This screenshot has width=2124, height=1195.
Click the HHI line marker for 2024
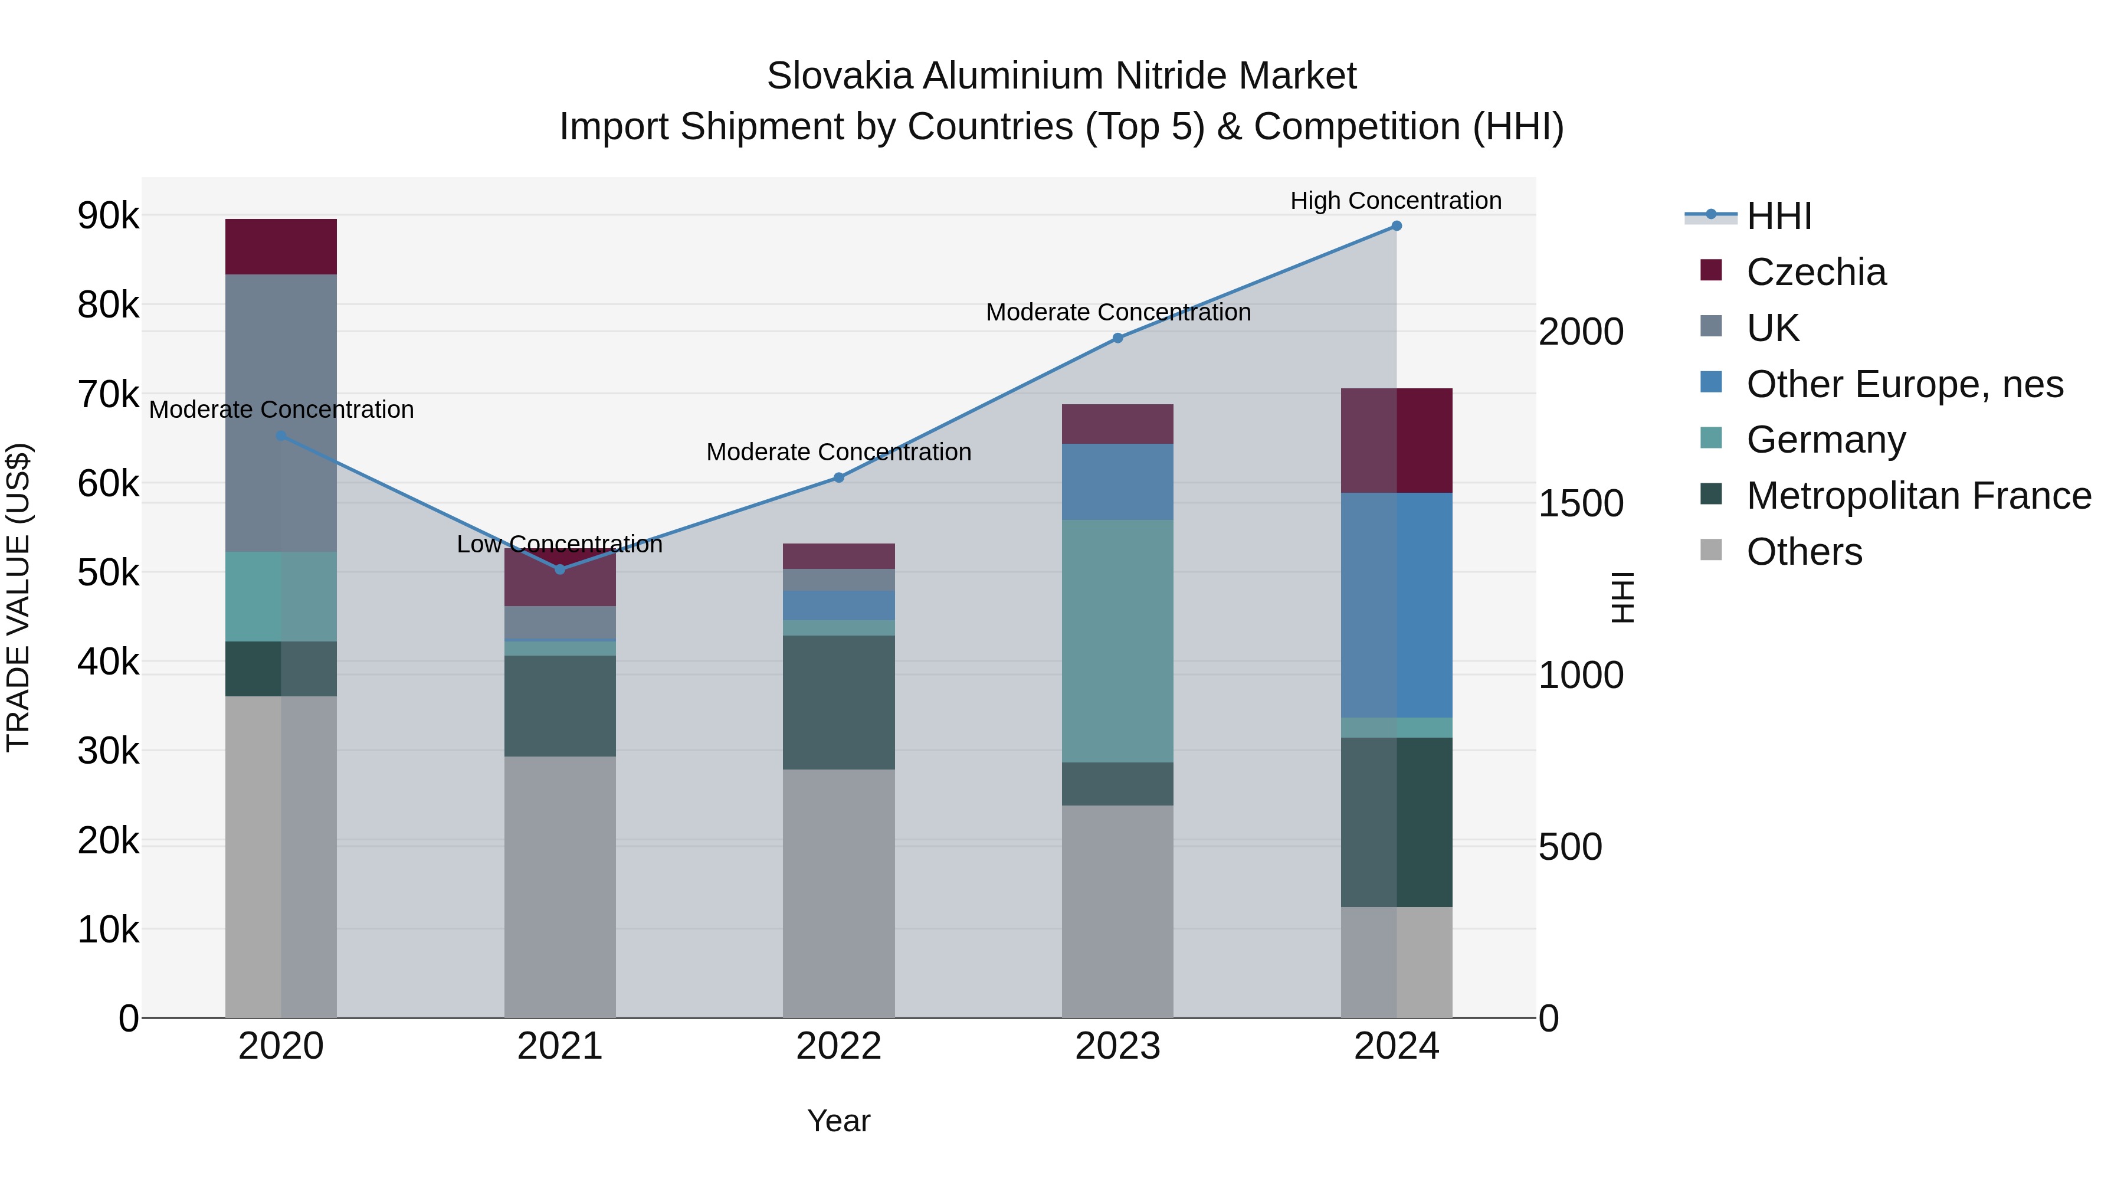(x=1396, y=226)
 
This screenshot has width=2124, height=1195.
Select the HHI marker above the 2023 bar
(x=1117, y=338)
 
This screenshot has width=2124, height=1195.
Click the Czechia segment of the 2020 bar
(x=281, y=247)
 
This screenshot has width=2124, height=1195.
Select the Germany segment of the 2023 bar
(x=1117, y=641)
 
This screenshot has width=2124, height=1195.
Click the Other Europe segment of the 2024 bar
(x=1396, y=605)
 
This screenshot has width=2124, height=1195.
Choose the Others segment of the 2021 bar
(x=560, y=886)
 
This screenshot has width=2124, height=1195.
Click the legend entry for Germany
(x=1825, y=440)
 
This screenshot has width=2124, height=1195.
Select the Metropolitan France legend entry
(x=1918, y=496)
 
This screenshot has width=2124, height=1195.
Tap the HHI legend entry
(x=1778, y=216)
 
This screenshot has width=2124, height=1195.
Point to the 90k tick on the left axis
(x=108, y=216)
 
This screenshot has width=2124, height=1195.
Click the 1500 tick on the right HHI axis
(x=1581, y=504)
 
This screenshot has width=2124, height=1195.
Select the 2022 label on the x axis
(x=838, y=1046)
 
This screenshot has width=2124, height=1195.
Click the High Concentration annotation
(x=1395, y=201)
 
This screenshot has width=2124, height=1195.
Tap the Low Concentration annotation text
(x=559, y=544)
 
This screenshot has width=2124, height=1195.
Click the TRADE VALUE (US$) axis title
(x=19, y=597)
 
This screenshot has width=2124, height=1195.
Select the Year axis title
(x=838, y=1121)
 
